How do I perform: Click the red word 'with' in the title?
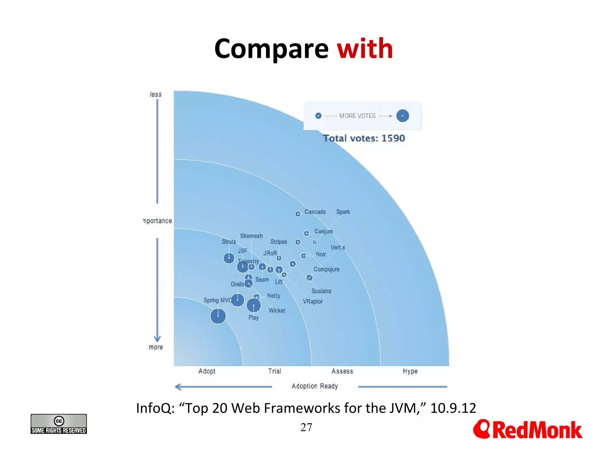coord(365,49)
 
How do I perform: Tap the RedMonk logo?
coord(527,430)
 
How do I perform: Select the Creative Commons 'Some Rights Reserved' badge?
coord(59,424)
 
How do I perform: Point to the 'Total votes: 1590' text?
coord(364,138)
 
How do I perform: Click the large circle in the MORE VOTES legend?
coord(402,116)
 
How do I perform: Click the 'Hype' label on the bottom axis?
coord(410,371)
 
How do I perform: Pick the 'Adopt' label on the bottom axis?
coord(207,371)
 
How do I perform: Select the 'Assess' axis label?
coord(342,371)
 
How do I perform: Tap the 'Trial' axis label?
coord(274,371)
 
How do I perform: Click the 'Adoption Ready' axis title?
coord(315,386)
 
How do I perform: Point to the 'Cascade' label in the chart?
coord(315,212)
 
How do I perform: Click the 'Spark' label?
coord(343,212)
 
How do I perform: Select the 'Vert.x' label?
coord(338,248)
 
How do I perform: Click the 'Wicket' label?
coord(277,311)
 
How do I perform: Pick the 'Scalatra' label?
coord(321,291)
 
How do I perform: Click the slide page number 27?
coord(306,427)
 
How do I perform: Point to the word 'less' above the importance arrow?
coord(156,95)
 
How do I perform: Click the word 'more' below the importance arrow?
coord(156,347)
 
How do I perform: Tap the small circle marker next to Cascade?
coord(298,214)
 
